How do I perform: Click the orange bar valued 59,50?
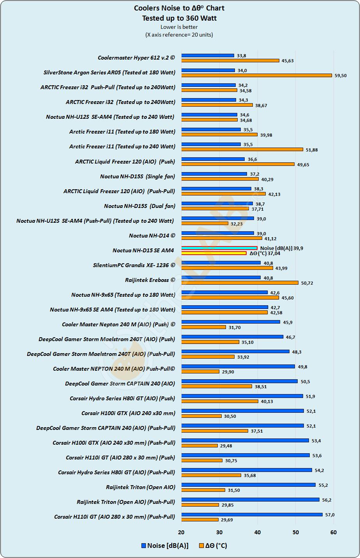(x=256, y=76)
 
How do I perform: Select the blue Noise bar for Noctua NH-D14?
(x=217, y=233)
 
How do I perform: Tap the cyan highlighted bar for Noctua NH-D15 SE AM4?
(x=219, y=248)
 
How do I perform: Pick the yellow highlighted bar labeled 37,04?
(x=214, y=253)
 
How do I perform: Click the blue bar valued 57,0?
(x=252, y=514)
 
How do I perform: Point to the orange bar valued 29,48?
(x=199, y=445)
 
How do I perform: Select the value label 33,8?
(x=242, y=56)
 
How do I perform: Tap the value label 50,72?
(x=307, y=283)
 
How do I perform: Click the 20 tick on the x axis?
(x=181, y=532)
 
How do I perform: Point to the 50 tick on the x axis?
(x=296, y=532)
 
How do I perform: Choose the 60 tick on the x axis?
(x=334, y=532)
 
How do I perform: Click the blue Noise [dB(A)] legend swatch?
(x=143, y=546)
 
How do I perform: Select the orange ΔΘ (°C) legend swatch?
(x=201, y=546)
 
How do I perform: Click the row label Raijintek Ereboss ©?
(x=150, y=280)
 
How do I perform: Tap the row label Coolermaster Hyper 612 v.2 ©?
(x=136, y=58)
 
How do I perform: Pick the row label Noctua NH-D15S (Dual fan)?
(x=139, y=206)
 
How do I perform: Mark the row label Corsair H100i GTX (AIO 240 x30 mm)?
(x=128, y=413)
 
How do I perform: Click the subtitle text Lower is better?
(x=179, y=27)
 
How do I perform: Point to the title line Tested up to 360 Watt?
(x=179, y=18)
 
